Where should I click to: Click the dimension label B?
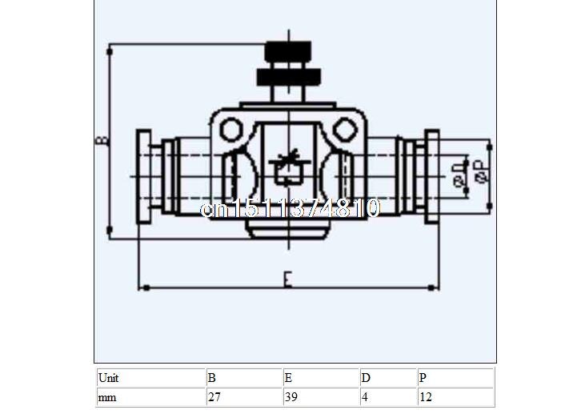[x=102, y=141]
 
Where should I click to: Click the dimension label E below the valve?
[x=287, y=279]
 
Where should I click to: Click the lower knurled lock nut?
[x=289, y=78]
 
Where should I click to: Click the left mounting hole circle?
[x=230, y=128]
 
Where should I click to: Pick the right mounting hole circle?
[x=344, y=128]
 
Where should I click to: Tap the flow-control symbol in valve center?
[x=288, y=168]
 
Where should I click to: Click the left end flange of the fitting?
[x=144, y=175]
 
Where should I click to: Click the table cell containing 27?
[x=243, y=396]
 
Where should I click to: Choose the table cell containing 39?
[x=319, y=396]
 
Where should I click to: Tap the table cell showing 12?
[x=454, y=396]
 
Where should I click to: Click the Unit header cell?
[x=150, y=377]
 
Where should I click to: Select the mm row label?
[x=150, y=396]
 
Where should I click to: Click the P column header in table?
[x=454, y=377]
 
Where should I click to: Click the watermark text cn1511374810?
[x=290, y=209]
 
